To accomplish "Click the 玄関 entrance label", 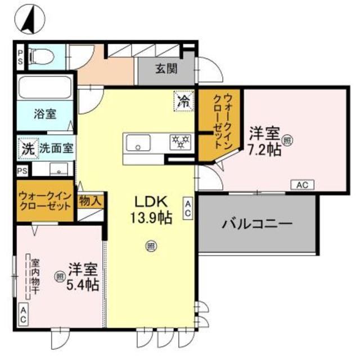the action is (x=166, y=68).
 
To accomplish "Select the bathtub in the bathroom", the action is (x=45, y=88).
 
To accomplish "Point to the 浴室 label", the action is (x=45, y=114).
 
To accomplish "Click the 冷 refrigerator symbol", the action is (x=184, y=101).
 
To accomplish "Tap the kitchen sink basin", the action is (x=138, y=143).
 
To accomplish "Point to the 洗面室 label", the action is (x=56, y=148).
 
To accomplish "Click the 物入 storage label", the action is (x=90, y=201).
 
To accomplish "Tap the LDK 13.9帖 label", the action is (x=151, y=210).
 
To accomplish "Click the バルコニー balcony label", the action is (x=257, y=224).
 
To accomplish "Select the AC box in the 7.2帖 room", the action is (x=302, y=184).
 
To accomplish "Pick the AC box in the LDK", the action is (x=187, y=208).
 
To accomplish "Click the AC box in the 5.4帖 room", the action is (x=23, y=314).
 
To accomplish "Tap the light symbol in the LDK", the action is (x=151, y=246).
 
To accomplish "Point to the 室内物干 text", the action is (x=35, y=277).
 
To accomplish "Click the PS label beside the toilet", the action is (x=20, y=57).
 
